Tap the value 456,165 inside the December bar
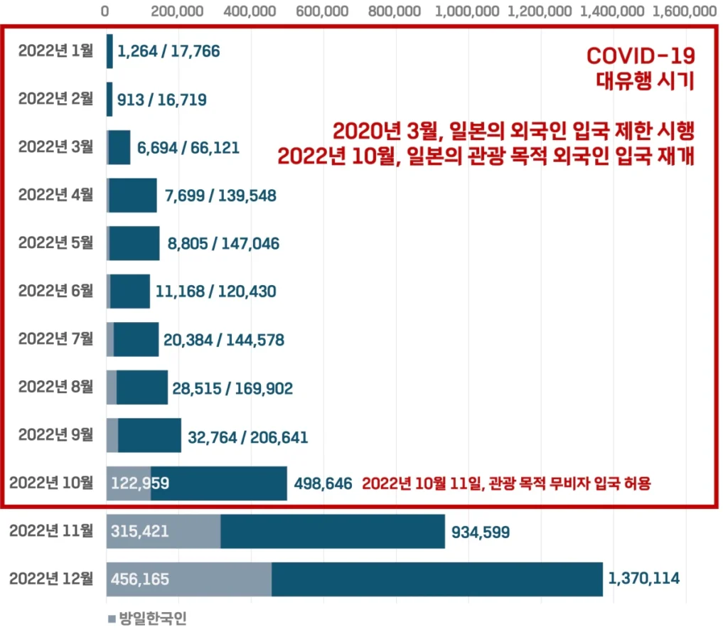tap(140, 579)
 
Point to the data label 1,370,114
tap(644, 579)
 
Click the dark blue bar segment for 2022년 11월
tap(332, 531)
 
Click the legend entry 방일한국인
tap(146, 619)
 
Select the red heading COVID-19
tap(640, 57)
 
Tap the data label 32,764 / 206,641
tap(247, 437)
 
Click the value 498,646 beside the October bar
tap(323, 484)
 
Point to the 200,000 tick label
tap(178, 11)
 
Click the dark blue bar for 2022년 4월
tap(132, 195)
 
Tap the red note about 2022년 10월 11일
tap(507, 484)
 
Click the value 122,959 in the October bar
tap(140, 484)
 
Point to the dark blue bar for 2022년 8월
tap(142, 387)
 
